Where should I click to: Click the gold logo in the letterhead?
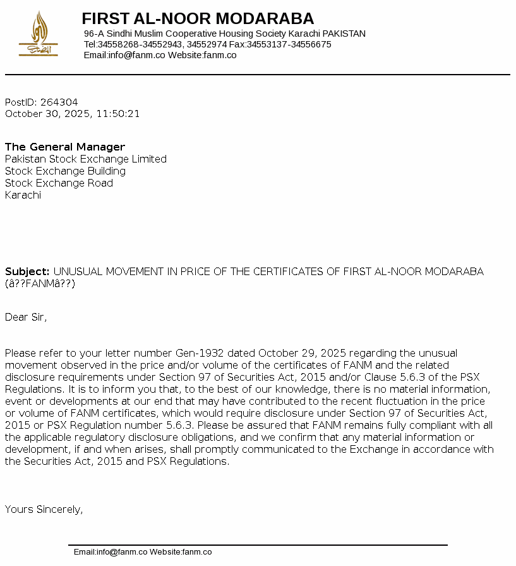[39, 34]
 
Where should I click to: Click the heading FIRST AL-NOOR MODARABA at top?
[198, 18]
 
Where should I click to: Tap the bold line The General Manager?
[65, 147]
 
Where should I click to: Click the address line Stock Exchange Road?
[59, 183]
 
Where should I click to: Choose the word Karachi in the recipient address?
[23, 195]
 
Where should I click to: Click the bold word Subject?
[27, 271]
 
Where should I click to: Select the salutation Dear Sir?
[26, 317]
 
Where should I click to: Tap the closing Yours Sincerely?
[44, 509]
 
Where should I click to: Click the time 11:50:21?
[118, 114]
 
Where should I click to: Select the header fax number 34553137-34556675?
[289, 44]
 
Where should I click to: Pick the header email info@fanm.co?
[136, 55]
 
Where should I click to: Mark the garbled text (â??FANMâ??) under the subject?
[40, 283]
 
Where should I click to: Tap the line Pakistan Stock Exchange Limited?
[86, 159]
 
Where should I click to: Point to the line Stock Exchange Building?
[65, 171]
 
